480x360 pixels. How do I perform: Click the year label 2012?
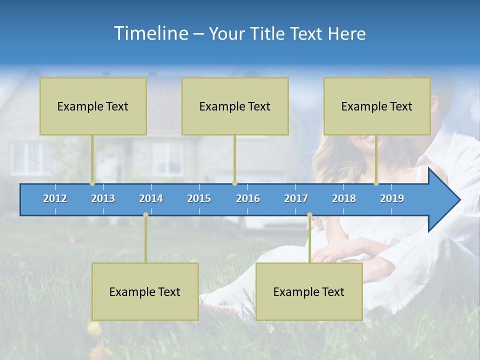coord(55,198)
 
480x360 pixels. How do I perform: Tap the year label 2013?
coord(103,198)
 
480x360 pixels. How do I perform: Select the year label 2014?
coord(151,198)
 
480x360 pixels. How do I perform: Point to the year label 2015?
coord(199,198)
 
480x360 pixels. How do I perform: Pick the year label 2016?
coord(248,198)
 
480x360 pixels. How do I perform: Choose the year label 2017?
coord(296,198)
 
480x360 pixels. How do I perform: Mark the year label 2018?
coord(344,198)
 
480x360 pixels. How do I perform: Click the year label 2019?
coord(392,198)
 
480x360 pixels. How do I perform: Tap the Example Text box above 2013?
coord(93,106)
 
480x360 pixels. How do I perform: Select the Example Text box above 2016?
coord(235,106)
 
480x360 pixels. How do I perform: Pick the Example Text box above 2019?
coord(377,106)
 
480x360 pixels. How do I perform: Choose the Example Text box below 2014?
coord(145,291)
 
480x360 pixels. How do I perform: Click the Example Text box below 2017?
coord(309,291)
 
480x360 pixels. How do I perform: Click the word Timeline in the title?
coord(151,33)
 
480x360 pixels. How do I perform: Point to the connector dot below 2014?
coord(145,214)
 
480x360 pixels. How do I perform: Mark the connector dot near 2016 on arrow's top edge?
coord(234,183)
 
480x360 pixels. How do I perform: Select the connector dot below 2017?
coord(309,214)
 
